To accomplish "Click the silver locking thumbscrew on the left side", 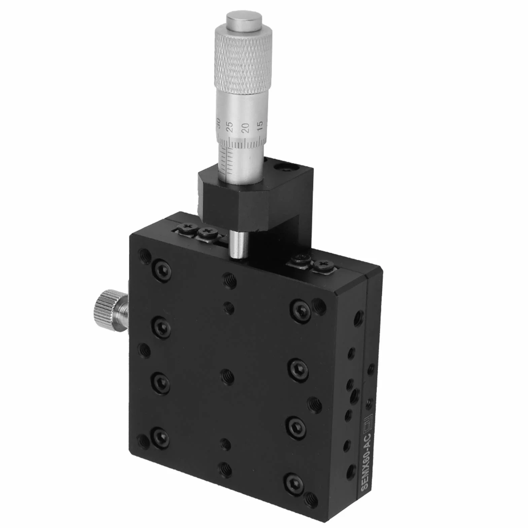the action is pyautogui.click(x=110, y=308).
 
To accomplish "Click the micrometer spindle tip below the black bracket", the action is pyautogui.click(x=239, y=245).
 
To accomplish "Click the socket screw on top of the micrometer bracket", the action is pyautogui.click(x=288, y=167).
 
